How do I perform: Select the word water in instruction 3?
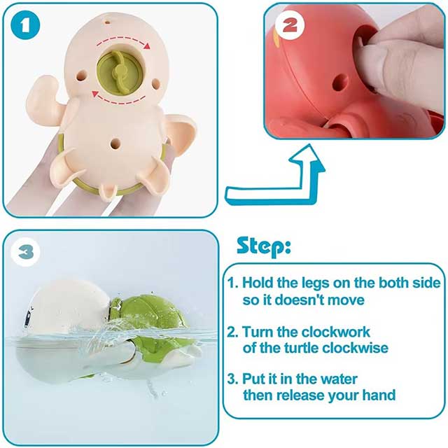click(x=339, y=379)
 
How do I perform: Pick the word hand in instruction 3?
click(x=379, y=395)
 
